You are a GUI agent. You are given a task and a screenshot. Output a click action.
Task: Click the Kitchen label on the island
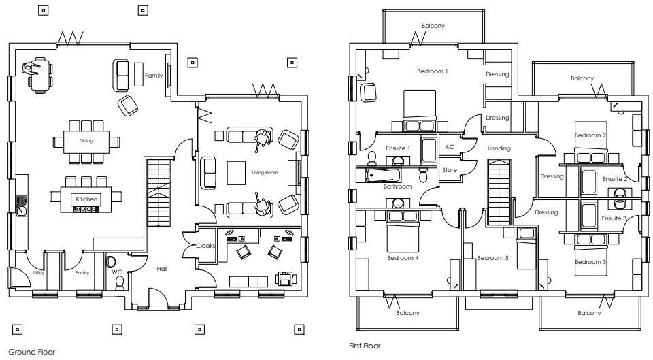(86, 199)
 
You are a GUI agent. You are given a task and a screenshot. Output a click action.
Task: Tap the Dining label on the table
(86, 142)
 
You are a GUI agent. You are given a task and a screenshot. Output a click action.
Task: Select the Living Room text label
(265, 173)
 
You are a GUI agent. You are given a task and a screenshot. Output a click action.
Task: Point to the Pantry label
(82, 273)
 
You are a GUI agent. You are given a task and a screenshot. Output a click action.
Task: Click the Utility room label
(38, 273)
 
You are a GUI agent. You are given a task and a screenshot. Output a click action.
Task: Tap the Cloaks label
(205, 246)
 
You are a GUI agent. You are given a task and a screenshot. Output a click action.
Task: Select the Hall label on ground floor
(162, 269)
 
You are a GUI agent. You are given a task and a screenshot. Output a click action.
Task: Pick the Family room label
(154, 76)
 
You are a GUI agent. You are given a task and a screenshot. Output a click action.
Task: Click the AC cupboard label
(450, 147)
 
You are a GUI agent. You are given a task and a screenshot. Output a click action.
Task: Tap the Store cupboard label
(450, 170)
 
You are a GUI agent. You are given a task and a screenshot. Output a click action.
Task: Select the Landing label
(499, 148)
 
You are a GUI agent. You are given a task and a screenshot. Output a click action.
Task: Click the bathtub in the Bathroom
(386, 176)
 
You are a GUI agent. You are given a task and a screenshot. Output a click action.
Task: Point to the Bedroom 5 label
(492, 258)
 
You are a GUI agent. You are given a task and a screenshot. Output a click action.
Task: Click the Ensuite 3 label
(614, 218)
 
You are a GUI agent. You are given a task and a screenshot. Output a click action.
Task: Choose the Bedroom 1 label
(433, 71)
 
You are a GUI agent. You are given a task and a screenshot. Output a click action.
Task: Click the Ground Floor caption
(31, 352)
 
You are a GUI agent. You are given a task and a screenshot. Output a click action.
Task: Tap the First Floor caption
(365, 346)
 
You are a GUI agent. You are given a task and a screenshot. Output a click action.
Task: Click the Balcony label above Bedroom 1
(433, 27)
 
